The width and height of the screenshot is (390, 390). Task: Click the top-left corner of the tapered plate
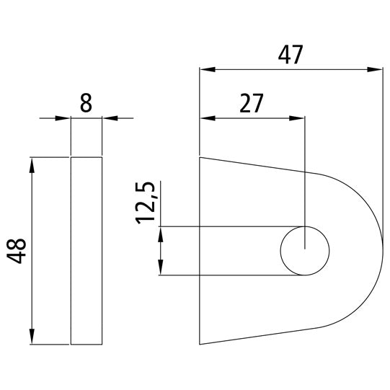click(x=200, y=156)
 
